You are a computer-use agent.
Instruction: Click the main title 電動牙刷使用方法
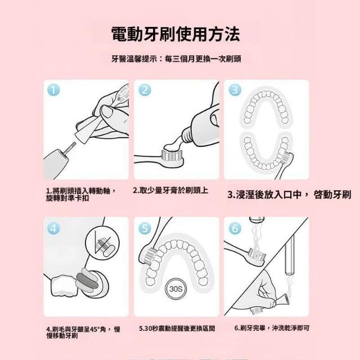point(175,34)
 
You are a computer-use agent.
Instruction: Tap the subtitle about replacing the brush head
point(176,59)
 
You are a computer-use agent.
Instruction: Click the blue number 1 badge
point(54,90)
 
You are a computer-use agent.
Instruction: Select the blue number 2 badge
point(145,90)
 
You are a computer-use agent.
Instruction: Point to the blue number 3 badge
point(235,90)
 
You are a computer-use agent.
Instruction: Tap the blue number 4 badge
point(54,228)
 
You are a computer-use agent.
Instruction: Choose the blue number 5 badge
point(145,228)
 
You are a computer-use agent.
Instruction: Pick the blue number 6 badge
point(235,228)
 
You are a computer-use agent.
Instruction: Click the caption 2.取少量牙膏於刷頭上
point(170,190)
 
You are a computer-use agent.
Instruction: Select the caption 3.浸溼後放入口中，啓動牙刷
point(289,195)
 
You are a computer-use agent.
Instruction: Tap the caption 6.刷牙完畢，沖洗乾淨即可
point(272,328)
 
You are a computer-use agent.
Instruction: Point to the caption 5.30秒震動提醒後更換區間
point(177,328)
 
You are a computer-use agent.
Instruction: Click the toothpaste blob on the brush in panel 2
point(173,146)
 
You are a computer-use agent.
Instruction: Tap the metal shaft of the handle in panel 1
point(70,147)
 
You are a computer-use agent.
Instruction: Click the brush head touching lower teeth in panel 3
point(286,158)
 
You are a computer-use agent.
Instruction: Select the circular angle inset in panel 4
point(102,243)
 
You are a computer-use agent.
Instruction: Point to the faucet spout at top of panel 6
point(257,220)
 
